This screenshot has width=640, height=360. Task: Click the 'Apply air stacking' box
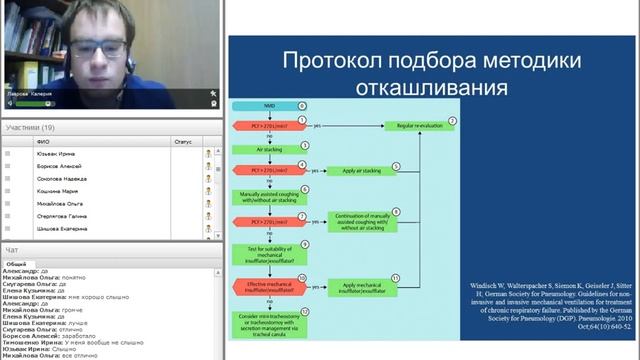pyautogui.click(x=358, y=170)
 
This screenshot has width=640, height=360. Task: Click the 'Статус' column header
pyautogui.click(x=182, y=142)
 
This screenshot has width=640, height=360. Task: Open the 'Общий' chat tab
pyautogui.click(x=17, y=263)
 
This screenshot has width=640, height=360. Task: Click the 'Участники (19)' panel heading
pyautogui.click(x=30, y=128)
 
